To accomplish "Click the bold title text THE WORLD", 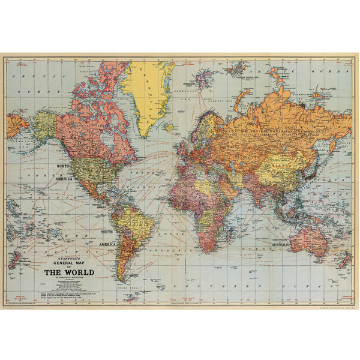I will [70, 271].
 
